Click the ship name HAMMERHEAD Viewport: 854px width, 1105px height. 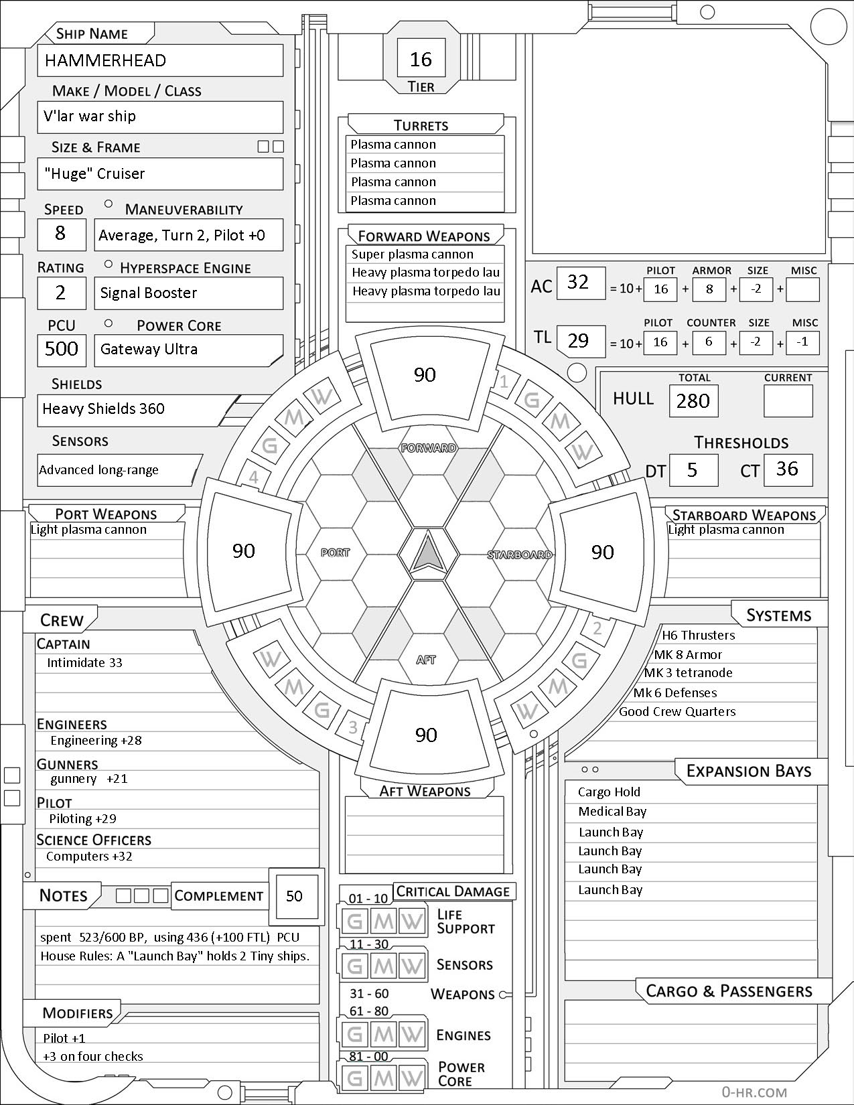[105, 61]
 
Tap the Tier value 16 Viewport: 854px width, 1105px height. [421, 60]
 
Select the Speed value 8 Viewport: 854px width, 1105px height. [60, 233]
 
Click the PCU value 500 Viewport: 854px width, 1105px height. [62, 349]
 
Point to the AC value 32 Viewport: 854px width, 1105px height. [578, 282]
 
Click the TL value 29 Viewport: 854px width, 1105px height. [578, 341]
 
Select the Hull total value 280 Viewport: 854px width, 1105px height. [693, 401]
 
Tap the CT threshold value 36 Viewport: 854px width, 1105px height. [787, 469]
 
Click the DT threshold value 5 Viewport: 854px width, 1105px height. [693, 470]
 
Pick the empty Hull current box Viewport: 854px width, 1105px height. [788, 401]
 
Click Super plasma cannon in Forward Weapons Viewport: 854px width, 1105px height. [413, 254]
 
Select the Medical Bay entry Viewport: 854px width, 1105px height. [612, 812]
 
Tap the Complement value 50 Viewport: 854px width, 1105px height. [294, 896]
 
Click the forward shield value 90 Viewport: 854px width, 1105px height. [425, 375]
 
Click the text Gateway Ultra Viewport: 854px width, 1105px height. [149, 350]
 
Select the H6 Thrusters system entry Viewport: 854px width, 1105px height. [698, 636]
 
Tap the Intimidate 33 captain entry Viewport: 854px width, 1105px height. [84, 663]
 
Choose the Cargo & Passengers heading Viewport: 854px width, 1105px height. [729, 991]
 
